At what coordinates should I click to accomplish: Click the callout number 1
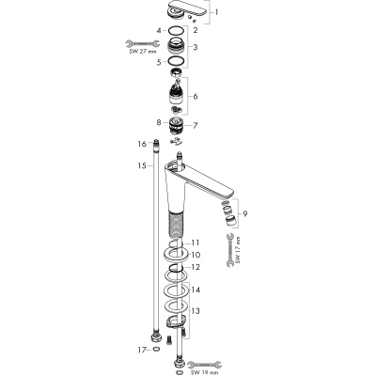tap(216, 12)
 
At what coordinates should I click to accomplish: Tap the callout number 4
tap(159, 31)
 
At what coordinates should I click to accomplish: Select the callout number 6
tap(196, 96)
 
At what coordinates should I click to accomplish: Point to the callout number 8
tap(159, 122)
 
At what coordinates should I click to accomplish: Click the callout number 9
tap(245, 213)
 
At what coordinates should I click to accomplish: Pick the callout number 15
tap(142, 165)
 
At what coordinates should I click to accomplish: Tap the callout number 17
tap(142, 349)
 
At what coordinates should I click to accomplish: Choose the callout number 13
tap(196, 311)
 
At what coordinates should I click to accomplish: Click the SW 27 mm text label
tap(143, 52)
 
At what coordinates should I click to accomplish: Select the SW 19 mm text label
tap(205, 373)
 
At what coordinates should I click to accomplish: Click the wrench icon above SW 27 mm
tap(143, 43)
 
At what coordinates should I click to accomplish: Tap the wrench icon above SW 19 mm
tap(205, 365)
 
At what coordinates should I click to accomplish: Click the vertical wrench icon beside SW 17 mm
tap(229, 250)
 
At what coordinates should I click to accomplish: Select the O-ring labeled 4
tap(176, 31)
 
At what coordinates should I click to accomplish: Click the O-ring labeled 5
tap(176, 60)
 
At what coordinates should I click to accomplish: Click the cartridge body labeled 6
tap(177, 94)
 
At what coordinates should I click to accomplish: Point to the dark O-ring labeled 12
tap(176, 268)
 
